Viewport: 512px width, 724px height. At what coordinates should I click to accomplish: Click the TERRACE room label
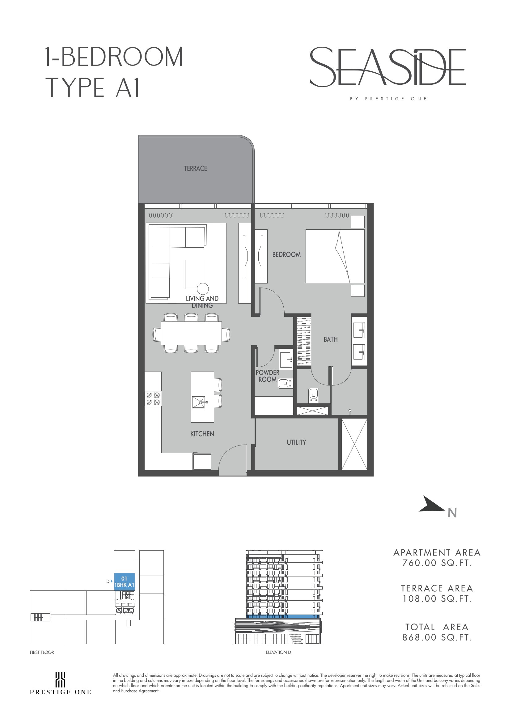click(x=196, y=168)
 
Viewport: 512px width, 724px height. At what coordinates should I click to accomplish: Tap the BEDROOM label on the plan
click(x=286, y=254)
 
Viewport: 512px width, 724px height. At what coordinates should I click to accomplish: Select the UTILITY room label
click(x=296, y=442)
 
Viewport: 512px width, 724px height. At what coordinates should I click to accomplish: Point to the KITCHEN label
click(x=202, y=434)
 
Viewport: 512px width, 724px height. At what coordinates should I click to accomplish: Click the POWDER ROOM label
click(x=267, y=376)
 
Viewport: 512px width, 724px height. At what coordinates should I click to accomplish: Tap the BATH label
click(x=330, y=339)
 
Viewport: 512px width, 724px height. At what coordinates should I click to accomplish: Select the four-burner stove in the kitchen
click(x=153, y=398)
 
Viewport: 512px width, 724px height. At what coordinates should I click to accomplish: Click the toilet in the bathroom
click(x=313, y=394)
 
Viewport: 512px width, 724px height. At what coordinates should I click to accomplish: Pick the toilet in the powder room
click(x=285, y=383)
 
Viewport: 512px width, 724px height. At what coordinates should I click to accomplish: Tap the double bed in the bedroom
click(x=335, y=256)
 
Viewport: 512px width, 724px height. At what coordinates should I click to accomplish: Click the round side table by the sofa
click(x=203, y=288)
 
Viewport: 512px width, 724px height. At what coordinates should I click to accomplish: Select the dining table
click(x=191, y=333)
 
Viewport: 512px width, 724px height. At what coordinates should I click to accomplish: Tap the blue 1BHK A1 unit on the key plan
click(x=124, y=582)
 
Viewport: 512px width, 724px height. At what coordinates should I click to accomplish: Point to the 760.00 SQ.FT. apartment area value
click(x=437, y=563)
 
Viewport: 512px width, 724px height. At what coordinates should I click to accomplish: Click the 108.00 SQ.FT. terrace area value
click(x=437, y=598)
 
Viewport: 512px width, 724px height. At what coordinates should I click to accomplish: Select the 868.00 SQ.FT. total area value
click(x=437, y=637)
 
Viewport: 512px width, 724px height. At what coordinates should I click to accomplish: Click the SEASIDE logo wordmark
click(x=388, y=67)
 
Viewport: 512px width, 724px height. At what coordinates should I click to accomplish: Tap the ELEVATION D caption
click(x=278, y=652)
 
